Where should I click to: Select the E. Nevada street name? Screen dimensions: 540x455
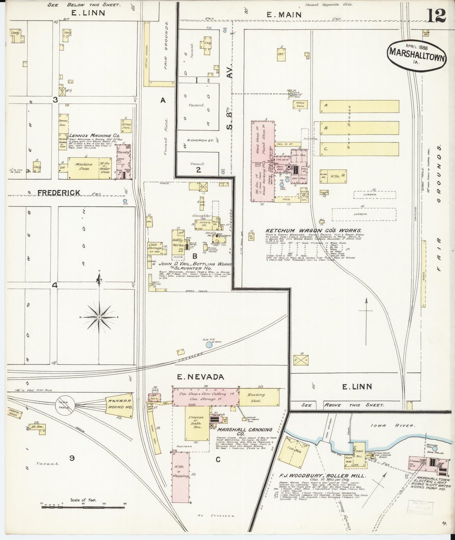click(x=200, y=377)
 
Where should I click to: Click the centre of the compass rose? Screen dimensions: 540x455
click(x=99, y=317)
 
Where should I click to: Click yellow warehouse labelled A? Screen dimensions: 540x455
click(x=359, y=106)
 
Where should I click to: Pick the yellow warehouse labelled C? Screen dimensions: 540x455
click(x=359, y=149)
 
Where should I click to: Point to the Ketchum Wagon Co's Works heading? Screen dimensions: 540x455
click(x=313, y=231)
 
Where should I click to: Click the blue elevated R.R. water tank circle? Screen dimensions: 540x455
click(x=208, y=345)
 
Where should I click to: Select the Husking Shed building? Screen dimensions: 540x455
click(x=259, y=397)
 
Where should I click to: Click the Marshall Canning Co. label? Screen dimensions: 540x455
click(x=245, y=431)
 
